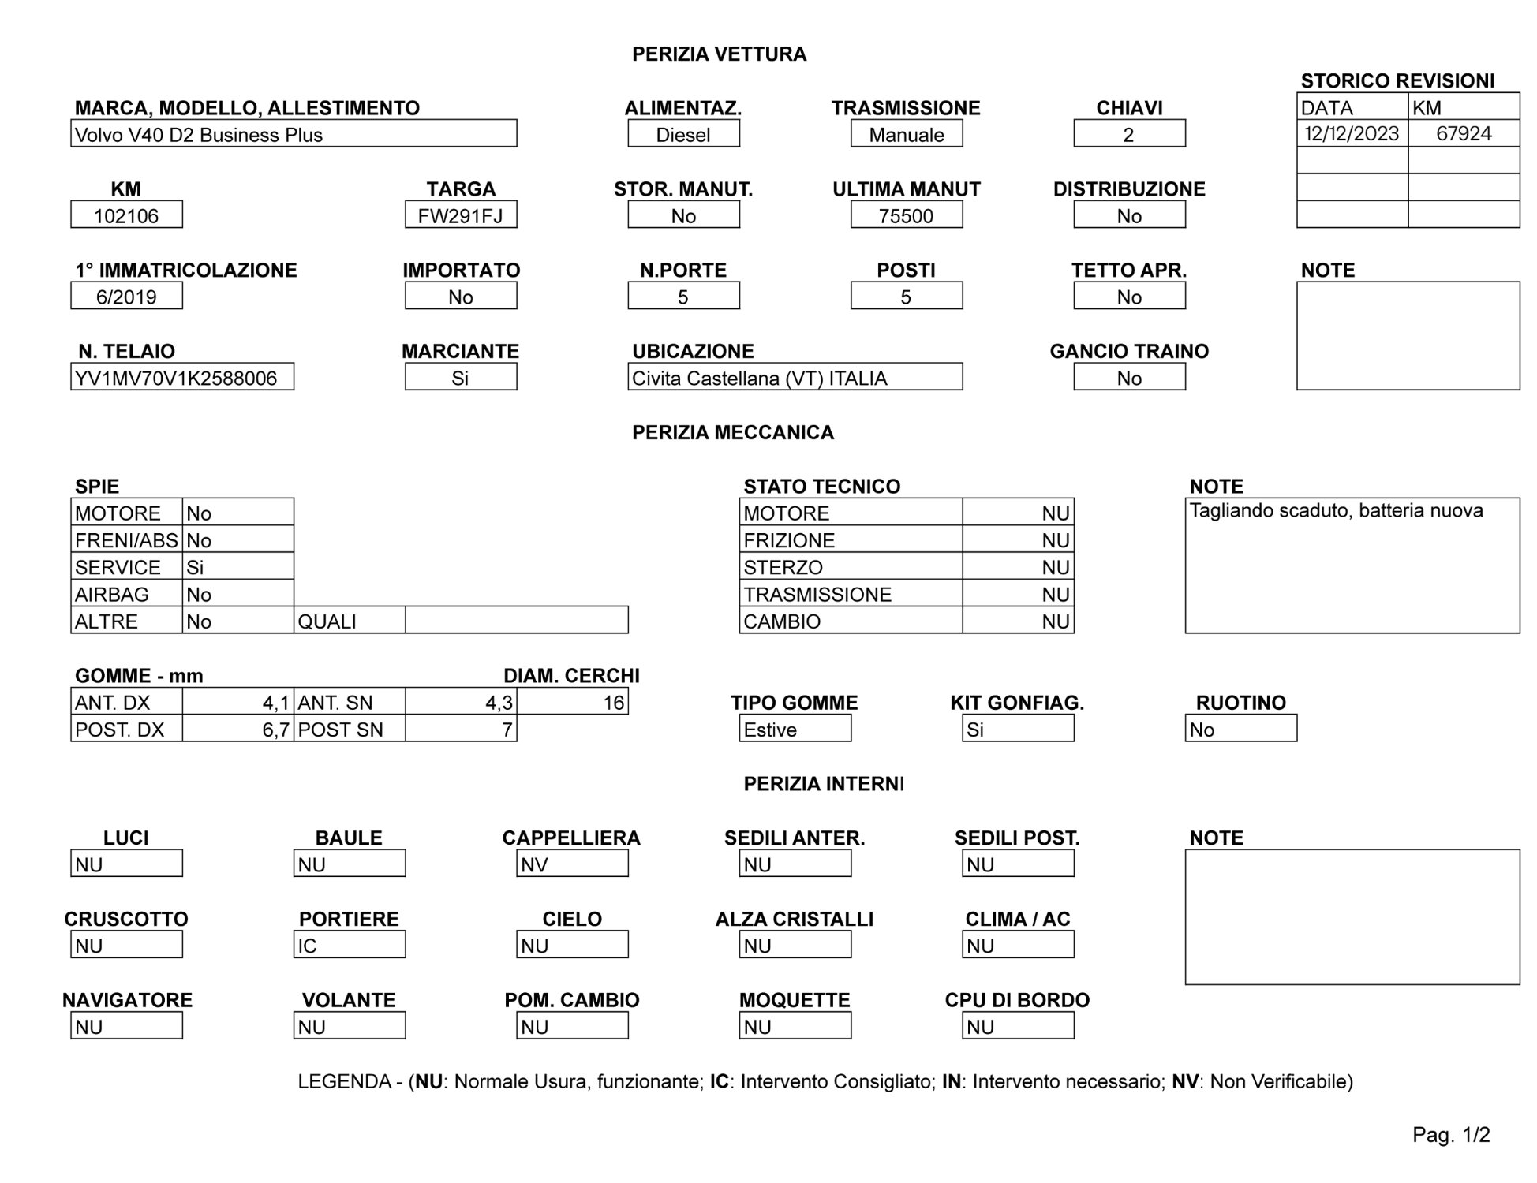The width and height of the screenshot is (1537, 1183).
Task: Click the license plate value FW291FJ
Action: pyautogui.click(x=461, y=215)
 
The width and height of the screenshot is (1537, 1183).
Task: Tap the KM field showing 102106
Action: pyautogui.click(x=126, y=215)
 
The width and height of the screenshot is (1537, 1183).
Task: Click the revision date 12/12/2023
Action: pyautogui.click(x=1352, y=133)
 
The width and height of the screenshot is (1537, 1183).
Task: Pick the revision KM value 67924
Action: pyautogui.click(x=1464, y=133)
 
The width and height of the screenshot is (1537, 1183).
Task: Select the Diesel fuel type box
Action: pyautogui.click(x=683, y=135)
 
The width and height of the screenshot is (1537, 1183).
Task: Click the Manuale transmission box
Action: pyautogui.click(x=907, y=135)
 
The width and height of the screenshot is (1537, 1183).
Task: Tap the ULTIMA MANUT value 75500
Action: pyautogui.click(x=907, y=215)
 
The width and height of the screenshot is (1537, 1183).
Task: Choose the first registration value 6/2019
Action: pyautogui.click(x=126, y=297)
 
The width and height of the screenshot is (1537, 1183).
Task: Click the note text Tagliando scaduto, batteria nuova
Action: pyautogui.click(x=1336, y=511)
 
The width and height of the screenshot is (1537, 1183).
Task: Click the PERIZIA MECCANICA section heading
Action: pyautogui.click(x=733, y=432)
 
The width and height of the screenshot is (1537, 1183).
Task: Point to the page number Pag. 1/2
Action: pyautogui.click(x=1451, y=1135)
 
